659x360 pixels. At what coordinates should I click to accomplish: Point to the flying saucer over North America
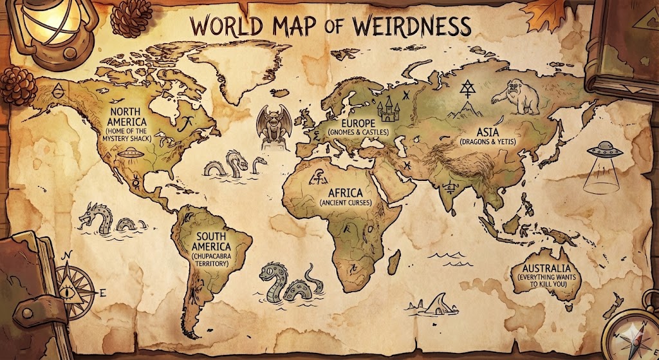point(130,153)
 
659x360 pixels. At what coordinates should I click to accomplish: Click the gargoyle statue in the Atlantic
point(270,125)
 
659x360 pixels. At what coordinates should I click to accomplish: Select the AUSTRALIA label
point(546,269)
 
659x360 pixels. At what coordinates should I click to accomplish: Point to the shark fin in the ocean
point(436,303)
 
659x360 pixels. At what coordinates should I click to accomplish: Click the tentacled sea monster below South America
point(288,283)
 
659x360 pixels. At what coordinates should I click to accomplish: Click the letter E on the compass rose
point(102,292)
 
